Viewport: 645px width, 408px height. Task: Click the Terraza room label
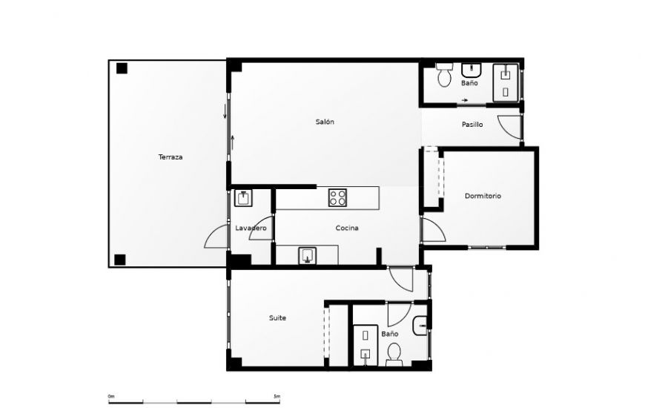170,157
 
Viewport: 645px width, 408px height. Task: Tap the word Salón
325,122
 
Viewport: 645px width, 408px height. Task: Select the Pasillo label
472,125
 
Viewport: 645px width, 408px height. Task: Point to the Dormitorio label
483,196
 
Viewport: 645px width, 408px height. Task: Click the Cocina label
347,228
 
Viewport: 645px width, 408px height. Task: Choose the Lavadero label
251,228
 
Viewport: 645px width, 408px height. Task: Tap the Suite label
277,318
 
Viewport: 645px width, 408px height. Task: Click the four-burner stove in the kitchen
338,197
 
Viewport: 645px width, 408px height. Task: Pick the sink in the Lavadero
243,198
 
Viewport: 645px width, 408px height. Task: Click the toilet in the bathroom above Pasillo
445,76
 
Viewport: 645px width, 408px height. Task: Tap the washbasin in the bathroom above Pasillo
472,71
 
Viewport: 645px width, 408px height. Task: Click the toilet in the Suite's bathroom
394,352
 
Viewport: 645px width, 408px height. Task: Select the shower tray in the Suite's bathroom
365,344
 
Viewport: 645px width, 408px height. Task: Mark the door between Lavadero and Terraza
216,237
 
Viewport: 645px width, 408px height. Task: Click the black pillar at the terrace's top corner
122,68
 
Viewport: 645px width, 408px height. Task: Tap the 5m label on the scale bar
277,396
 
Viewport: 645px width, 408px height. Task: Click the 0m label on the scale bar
111,396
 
